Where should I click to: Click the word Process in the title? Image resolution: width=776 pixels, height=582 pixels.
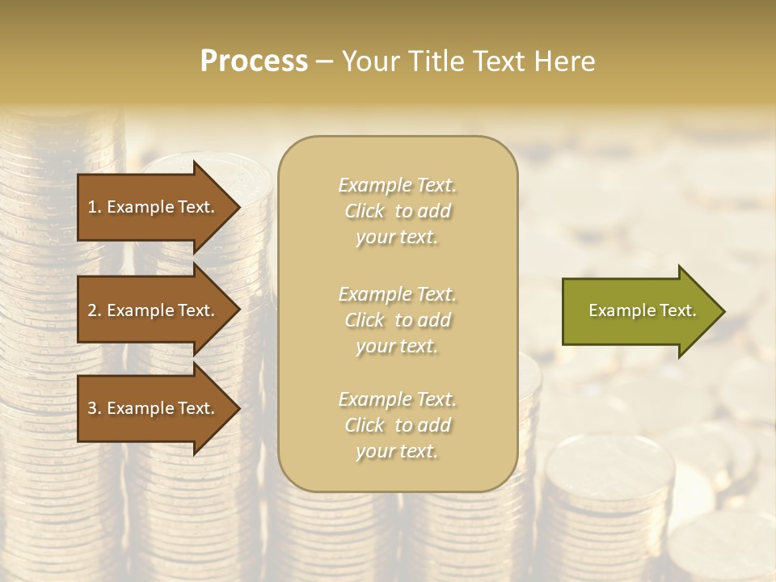254,61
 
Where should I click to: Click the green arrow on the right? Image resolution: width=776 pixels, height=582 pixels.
639,310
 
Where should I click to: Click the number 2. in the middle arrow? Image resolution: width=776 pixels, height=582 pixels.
95,310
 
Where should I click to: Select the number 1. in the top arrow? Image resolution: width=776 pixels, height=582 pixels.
95,207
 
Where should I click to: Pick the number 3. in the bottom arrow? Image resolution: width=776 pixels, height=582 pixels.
95,408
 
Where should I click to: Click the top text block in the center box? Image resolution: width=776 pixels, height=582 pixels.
398,211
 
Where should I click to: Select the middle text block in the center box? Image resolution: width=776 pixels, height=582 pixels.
398,320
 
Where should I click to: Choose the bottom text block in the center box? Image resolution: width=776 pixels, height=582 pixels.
398,425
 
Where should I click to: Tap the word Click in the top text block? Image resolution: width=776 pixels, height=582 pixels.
365,212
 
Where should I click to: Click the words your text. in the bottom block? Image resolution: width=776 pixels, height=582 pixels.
397,451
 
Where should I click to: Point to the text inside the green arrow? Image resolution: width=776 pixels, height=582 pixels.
642,310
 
